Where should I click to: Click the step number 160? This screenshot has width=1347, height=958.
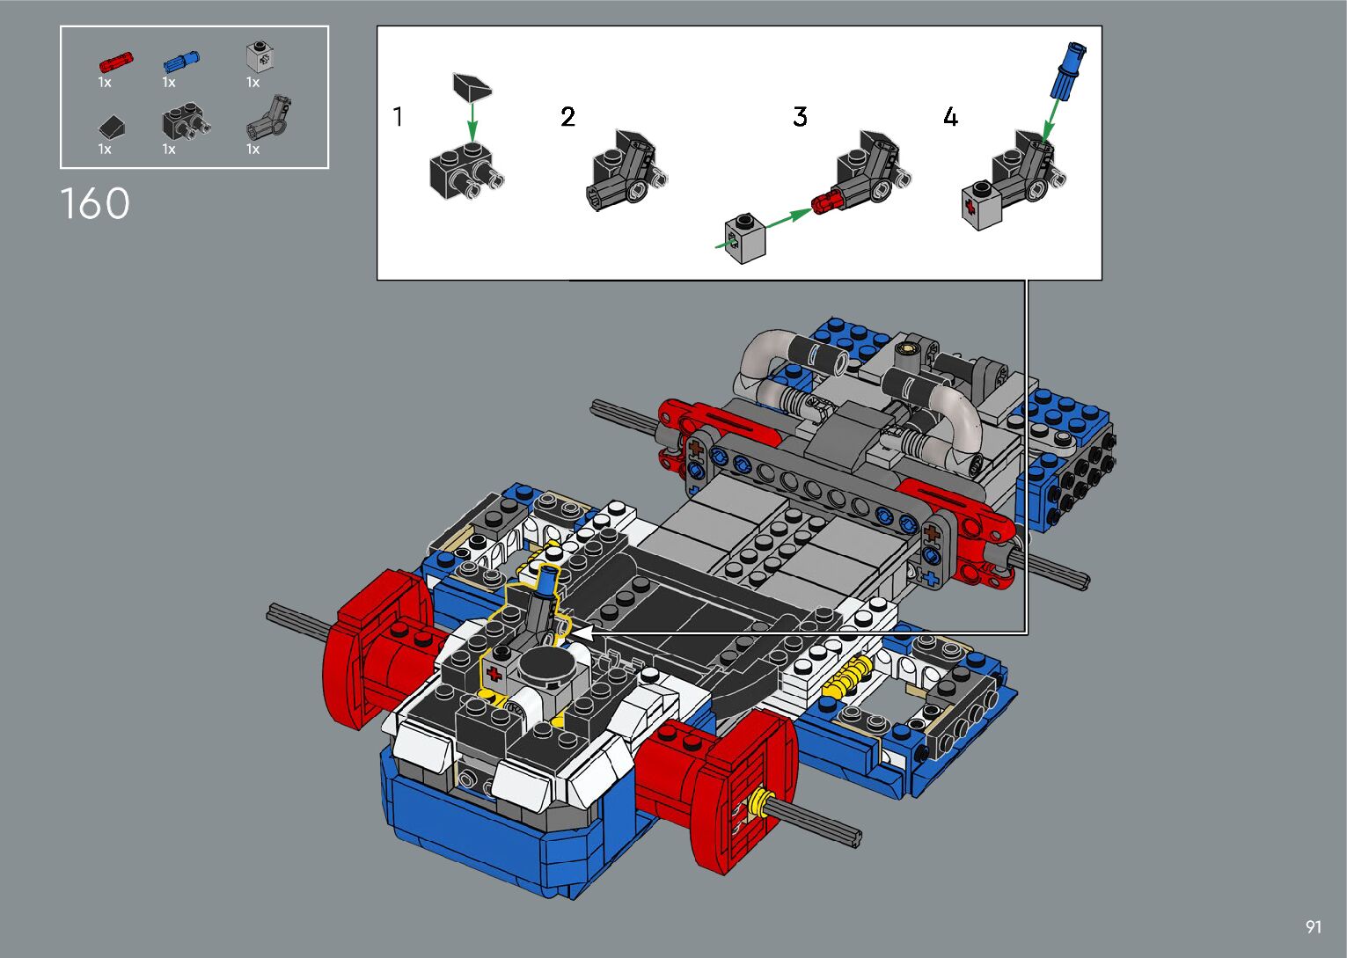pyautogui.click(x=95, y=203)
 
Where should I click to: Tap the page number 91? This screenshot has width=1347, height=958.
pyautogui.click(x=1314, y=926)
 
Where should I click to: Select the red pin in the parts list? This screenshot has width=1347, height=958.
pyautogui.click(x=116, y=62)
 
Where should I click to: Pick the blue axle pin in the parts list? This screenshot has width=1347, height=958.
pyautogui.click(x=181, y=61)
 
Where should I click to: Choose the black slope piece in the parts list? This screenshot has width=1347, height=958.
pyautogui.click(x=113, y=127)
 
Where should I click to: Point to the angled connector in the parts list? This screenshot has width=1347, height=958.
pyautogui.click(x=269, y=117)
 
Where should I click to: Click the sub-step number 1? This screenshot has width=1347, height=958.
pyautogui.click(x=398, y=116)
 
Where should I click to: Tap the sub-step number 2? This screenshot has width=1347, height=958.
pyautogui.click(x=567, y=117)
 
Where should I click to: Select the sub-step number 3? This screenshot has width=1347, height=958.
pyautogui.click(x=800, y=117)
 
